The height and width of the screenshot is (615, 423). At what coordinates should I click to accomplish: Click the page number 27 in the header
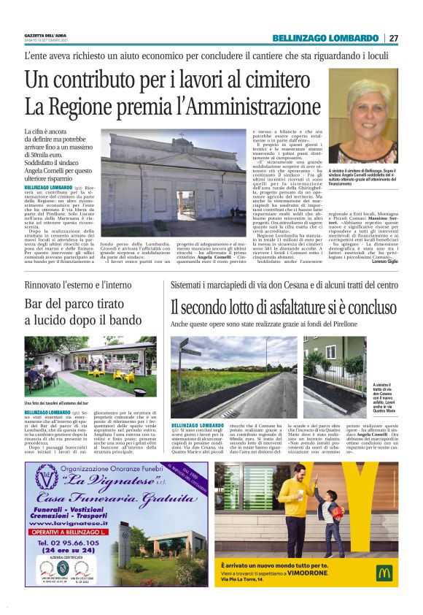tap(394, 38)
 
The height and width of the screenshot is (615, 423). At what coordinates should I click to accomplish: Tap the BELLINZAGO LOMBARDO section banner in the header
tap(327, 38)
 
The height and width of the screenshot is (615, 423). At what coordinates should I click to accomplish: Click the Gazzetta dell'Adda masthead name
tap(44, 34)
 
